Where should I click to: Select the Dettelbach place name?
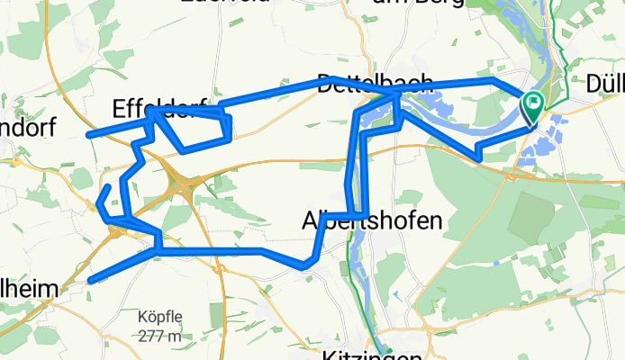(x=376, y=82)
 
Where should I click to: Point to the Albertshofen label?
(x=372, y=220)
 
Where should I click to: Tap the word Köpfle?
(x=160, y=318)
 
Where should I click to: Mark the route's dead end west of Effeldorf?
(x=88, y=136)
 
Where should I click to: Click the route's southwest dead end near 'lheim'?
(x=91, y=281)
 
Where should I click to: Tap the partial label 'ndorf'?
(x=27, y=127)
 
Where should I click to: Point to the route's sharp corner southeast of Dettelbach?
(x=479, y=159)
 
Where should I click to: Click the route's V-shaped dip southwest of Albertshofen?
(x=305, y=266)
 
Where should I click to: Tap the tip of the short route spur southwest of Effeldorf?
(x=110, y=186)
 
